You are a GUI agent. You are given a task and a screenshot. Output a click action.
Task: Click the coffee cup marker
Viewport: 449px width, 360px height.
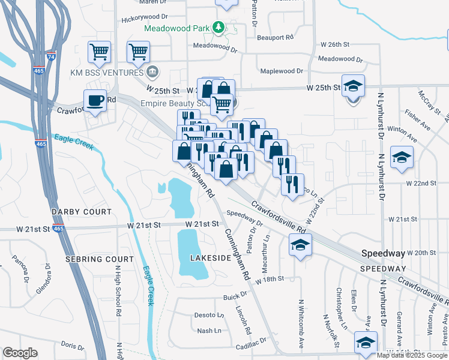[95, 100]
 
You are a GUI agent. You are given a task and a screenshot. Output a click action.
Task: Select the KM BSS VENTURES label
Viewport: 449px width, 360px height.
[108, 72]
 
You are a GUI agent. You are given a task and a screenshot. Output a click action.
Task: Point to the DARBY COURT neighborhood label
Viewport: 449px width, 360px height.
[81, 212]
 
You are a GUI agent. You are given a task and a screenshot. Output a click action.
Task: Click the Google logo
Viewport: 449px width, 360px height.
[20, 353]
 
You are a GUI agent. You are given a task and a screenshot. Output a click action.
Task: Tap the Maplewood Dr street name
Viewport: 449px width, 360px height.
[282, 71]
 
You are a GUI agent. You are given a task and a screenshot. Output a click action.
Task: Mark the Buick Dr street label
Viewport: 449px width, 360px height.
[235, 295]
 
